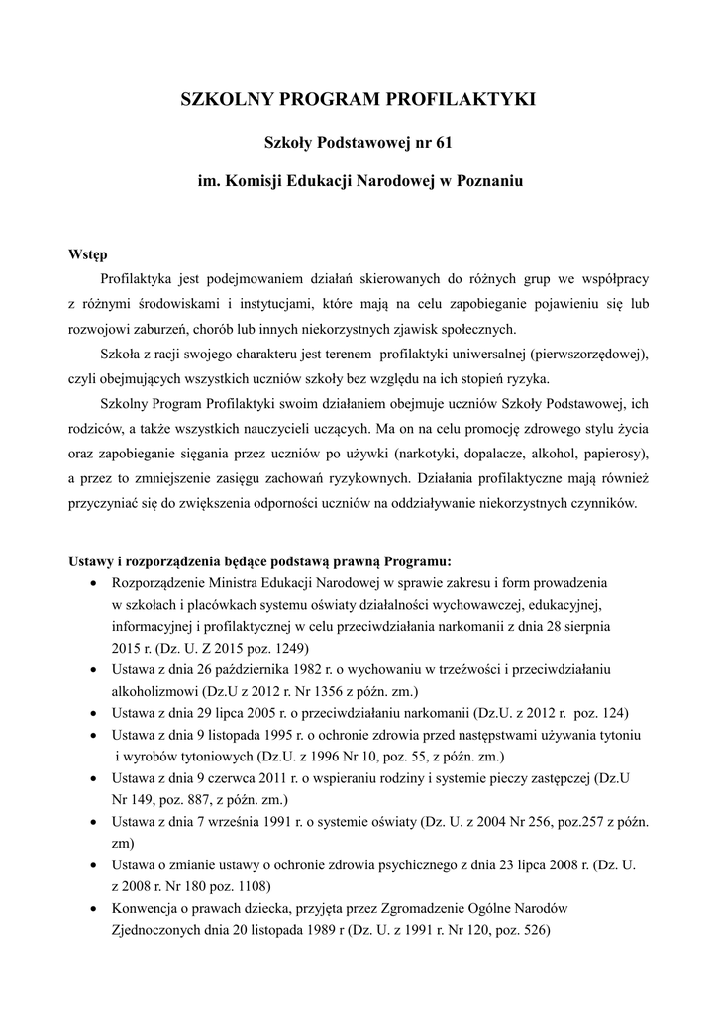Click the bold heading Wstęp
pyautogui.click(x=87, y=254)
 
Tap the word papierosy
pyautogui.click(x=615, y=454)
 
